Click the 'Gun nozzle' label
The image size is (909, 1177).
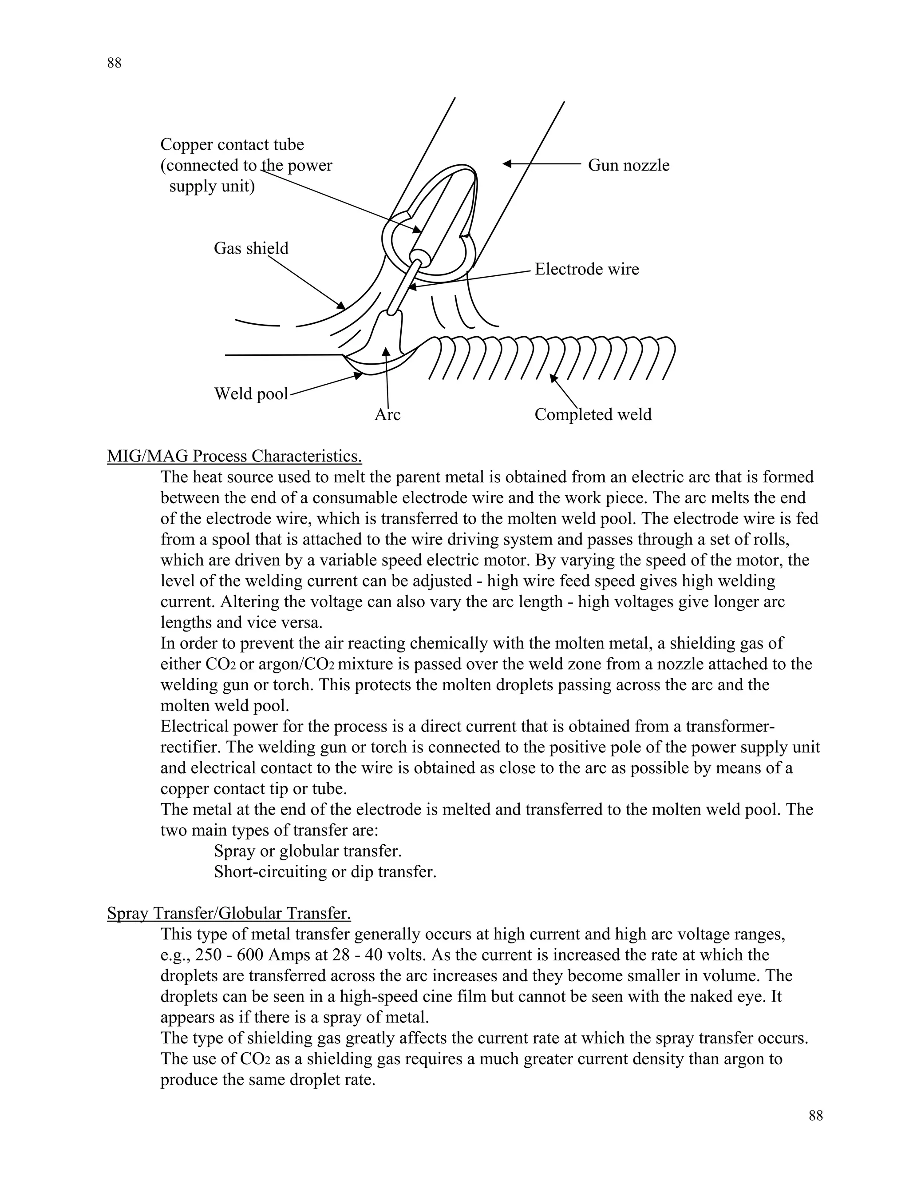tap(628, 165)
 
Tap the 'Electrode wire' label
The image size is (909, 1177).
tap(586, 269)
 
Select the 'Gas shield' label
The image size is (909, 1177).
tap(251, 248)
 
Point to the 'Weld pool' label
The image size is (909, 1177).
tap(251, 394)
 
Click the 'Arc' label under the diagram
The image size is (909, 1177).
tap(387, 414)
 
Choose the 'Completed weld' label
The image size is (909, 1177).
tap(593, 414)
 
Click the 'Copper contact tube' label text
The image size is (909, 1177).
tap(232, 144)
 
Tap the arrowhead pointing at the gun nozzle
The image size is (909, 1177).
tap(507, 164)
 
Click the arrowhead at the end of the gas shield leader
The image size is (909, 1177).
tap(341, 306)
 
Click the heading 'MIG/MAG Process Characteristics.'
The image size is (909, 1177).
tap(234, 457)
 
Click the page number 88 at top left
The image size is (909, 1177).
tap(114, 63)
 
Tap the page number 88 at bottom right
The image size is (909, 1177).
tap(816, 1116)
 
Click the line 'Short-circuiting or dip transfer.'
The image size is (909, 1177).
tap(325, 871)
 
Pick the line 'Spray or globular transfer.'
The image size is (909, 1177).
tap(308, 851)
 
